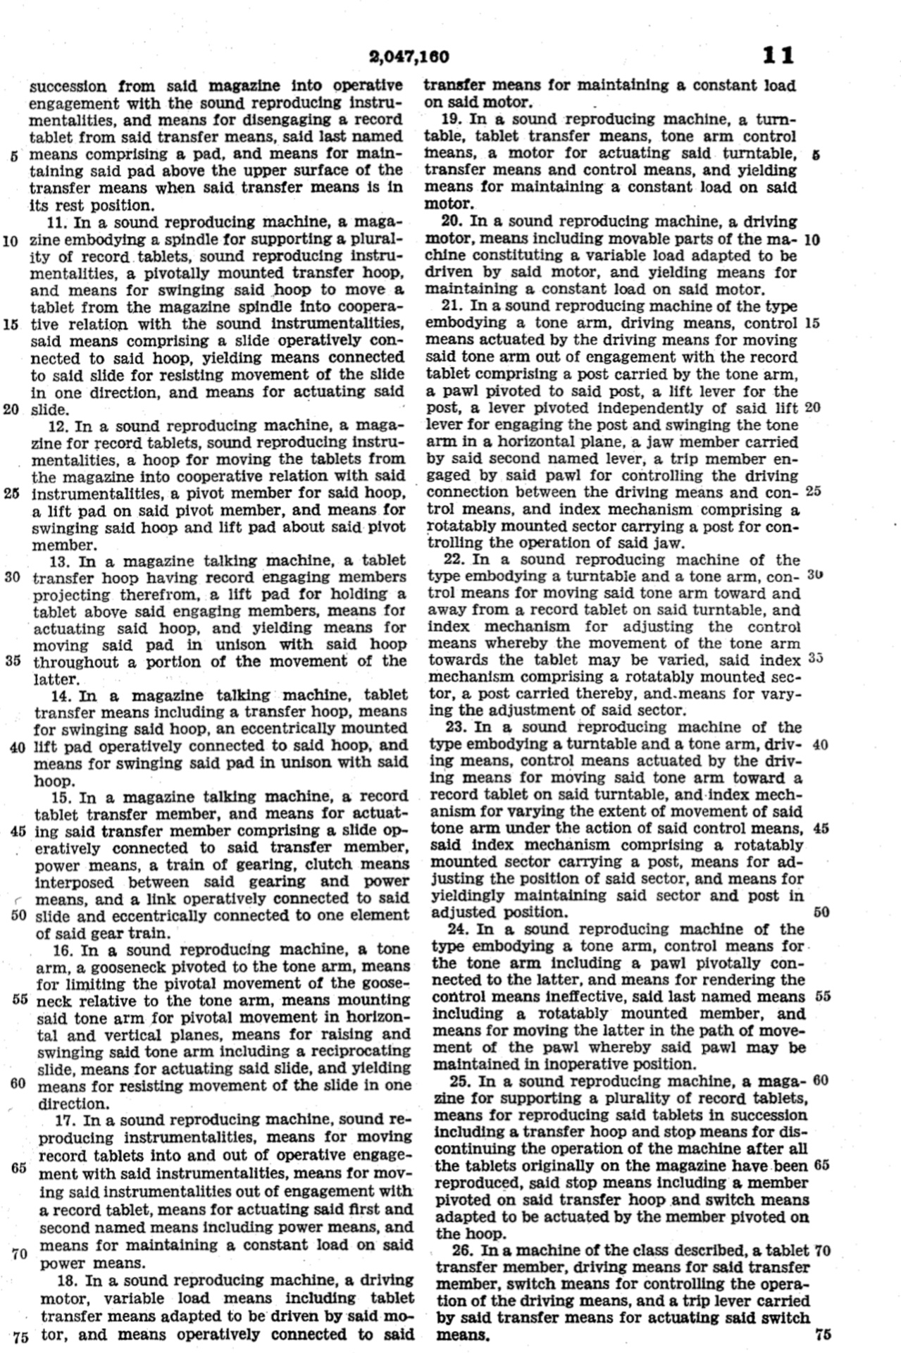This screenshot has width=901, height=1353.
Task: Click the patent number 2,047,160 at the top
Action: [x=409, y=56]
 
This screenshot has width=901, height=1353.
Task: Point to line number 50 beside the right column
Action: [x=821, y=913]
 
